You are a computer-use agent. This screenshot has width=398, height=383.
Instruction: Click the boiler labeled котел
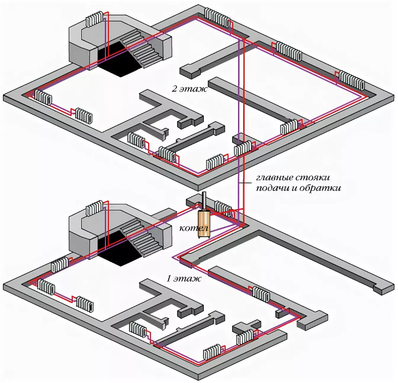pyautogui.click(x=205, y=226)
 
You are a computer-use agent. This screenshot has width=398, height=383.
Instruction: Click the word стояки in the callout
pyautogui.click(x=318, y=178)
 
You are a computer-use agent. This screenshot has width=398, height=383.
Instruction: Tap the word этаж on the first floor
pyautogui.click(x=191, y=278)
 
